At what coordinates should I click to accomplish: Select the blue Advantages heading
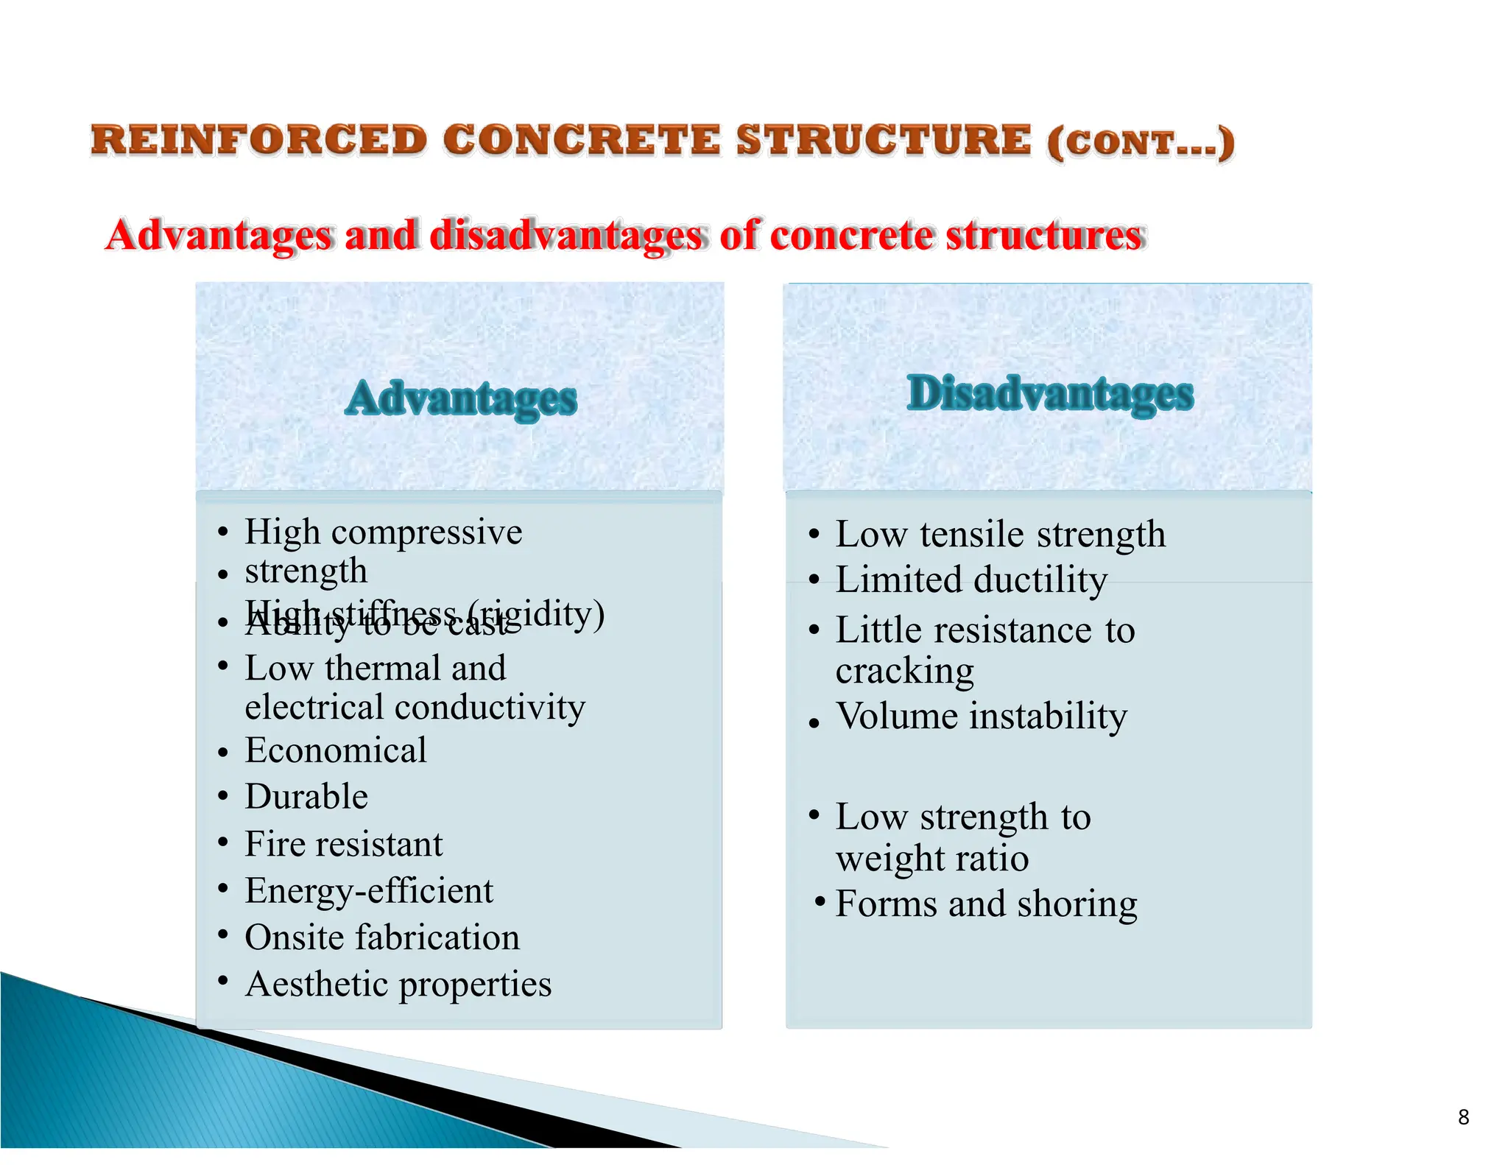461,398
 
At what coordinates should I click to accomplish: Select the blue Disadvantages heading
1049,393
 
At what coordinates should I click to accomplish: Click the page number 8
1463,1117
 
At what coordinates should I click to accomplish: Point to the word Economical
335,750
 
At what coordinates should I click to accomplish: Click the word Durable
306,797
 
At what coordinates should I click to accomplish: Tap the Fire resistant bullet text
343,844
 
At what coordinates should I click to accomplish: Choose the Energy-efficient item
368,891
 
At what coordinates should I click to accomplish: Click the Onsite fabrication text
381,937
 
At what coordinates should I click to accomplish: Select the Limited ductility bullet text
970,580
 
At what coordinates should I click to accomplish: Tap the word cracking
904,671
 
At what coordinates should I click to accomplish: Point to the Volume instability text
981,717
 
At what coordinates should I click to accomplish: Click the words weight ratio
931,859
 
